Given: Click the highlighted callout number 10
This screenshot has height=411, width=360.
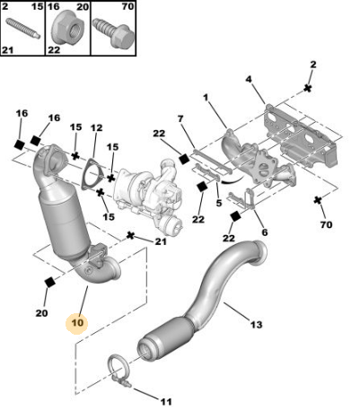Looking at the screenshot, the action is [x=77, y=323].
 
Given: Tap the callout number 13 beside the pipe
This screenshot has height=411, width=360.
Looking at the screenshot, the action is [x=256, y=324].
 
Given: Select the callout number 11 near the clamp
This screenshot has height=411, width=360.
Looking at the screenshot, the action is [x=165, y=401].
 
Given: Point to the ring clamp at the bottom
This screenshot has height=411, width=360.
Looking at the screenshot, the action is [x=119, y=370].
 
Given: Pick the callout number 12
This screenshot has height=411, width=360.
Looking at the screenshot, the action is [x=96, y=128].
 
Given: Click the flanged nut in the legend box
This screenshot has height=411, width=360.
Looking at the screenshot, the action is [x=66, y=28].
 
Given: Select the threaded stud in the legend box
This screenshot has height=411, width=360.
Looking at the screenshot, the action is [x=22, y=28].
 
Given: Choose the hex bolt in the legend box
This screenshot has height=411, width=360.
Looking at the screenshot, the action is [x=113, y=32].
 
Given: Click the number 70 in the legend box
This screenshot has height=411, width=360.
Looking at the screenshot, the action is [x=127, y=6].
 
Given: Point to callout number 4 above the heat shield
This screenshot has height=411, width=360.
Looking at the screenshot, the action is [x=249, y=79].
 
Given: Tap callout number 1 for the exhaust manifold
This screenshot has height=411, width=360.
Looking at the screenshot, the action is [x=205, y=98].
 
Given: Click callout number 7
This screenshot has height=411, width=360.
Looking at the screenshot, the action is [x=180, y=119].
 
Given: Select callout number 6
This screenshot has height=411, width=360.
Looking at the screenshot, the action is [x=265, y=232].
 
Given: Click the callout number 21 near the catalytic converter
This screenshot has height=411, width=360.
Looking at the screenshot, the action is [x=160, y=241].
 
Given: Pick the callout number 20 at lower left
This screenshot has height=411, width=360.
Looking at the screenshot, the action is [x=41, y=313].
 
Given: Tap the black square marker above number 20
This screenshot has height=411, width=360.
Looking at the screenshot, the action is [x=49, y=282].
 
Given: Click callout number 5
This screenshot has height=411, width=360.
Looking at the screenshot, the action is [x=219, y=203].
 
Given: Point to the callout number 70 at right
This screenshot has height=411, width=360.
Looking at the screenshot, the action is [x=326, y=224].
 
